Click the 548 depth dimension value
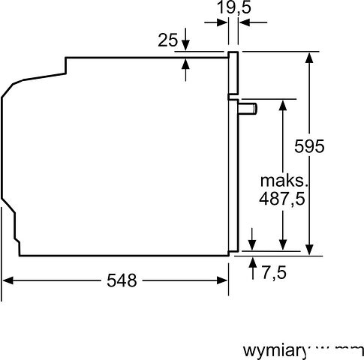122,280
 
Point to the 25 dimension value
167,39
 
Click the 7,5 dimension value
274,272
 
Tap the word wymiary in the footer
275,350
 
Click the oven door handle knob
248,109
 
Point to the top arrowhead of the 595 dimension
308,56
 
